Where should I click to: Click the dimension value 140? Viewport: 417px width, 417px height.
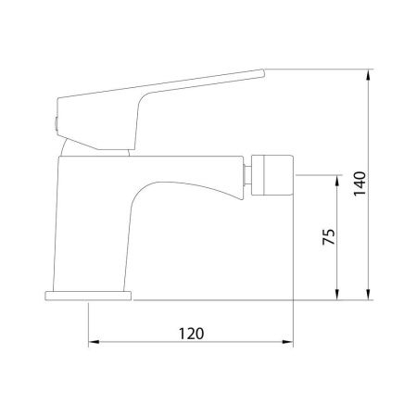(x=360, y=183)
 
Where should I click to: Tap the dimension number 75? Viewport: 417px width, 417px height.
(x=329, y=236)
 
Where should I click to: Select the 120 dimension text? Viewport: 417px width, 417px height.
(x=192, y=334)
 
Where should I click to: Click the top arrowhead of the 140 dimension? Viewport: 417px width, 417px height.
(x=368, y=75)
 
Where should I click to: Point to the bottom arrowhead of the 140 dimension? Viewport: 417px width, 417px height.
(x=368, y=294)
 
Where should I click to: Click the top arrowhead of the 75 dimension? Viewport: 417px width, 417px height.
(x=337, y=181)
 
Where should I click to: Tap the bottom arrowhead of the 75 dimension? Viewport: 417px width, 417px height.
(x=337, y=294)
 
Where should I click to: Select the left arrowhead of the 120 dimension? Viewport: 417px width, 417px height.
(x=94, y=342)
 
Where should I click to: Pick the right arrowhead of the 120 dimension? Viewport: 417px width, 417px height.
(x=287, y=342)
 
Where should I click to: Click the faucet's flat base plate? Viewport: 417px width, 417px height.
(x=88, y=296)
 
